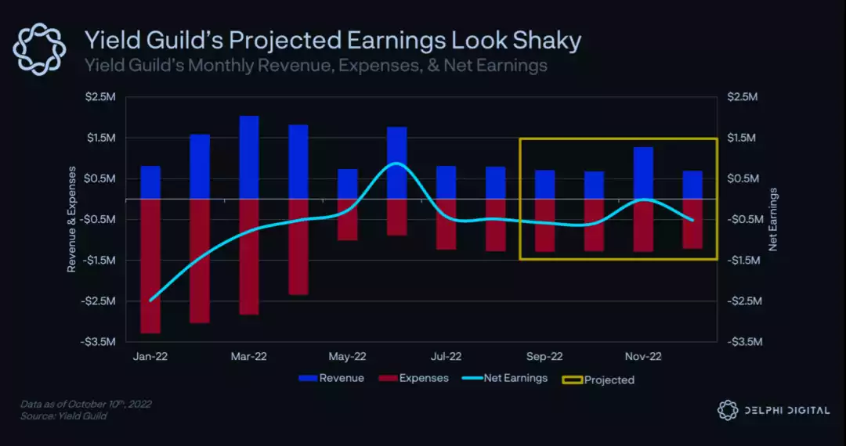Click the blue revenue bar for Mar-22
pos(249,157)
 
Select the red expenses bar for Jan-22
pos(150,266)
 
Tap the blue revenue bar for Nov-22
pos(643,173)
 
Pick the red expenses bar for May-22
pos(348,219)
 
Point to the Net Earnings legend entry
pos(506,379)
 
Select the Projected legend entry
pos(598,379)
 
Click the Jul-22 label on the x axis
pos(446,356)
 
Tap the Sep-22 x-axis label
pos(544,356)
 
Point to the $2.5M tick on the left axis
pos(100,97)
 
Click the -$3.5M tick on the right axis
pos(743,342)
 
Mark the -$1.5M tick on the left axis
pos(99,260)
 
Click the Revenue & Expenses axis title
pos(71,219)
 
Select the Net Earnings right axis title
pos(773,219)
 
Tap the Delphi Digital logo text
pos(786,410)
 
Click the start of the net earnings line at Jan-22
pos(150,300)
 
